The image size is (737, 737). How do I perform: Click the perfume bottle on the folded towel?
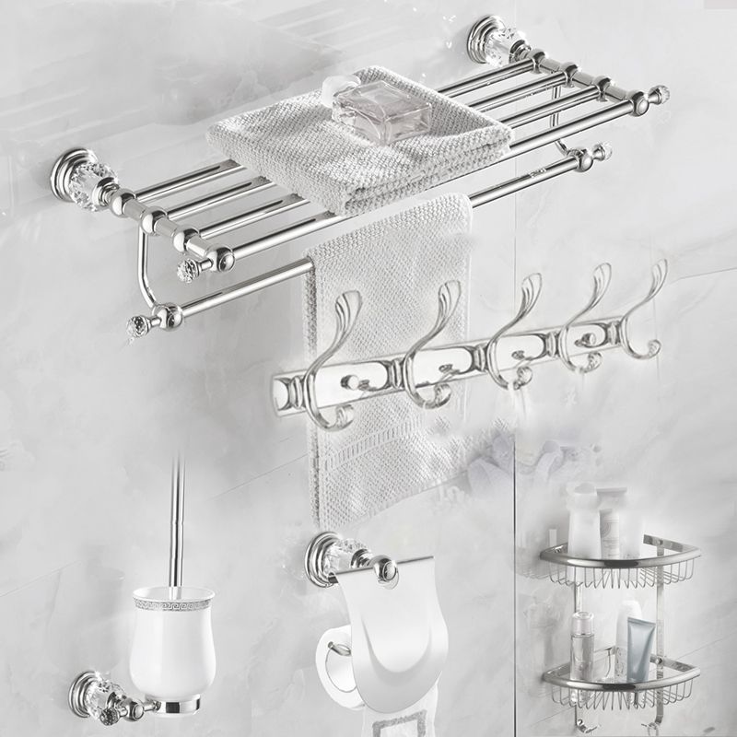tap(380, 111)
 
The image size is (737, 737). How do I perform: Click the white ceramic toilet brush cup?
tap(170, 645)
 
